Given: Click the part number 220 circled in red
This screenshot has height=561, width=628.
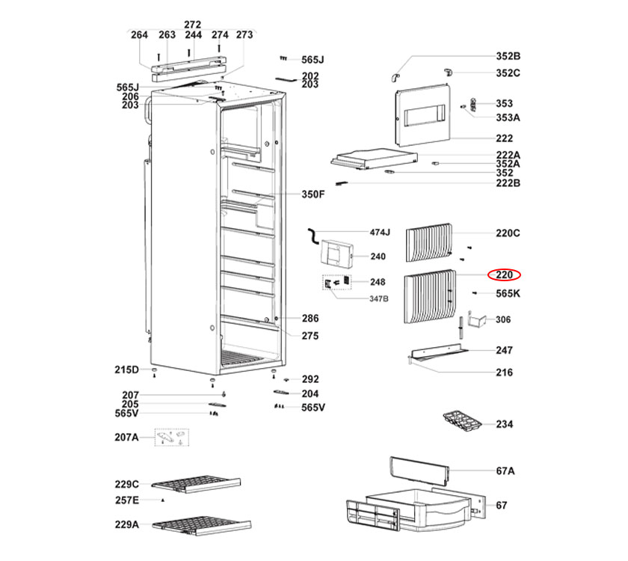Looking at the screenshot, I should (504, 275).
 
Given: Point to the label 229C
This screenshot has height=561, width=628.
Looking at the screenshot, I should (127, 484).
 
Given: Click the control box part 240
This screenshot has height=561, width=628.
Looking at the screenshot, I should (334, 253).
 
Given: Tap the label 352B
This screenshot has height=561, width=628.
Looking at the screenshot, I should (508, 56).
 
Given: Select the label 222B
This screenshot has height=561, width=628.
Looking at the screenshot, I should (508, 183).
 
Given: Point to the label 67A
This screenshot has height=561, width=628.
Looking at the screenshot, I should (505, 470).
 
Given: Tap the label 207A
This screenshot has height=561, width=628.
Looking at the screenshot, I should (127, 437).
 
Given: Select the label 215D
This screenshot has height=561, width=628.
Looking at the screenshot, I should (127, 370).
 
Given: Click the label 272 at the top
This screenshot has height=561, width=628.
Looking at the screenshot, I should (193, 25).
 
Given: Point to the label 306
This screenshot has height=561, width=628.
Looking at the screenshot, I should (504, 319).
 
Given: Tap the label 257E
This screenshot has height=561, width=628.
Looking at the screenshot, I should (127, 500).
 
